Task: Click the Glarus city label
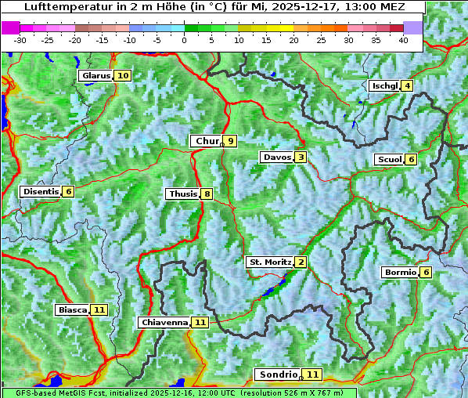coord(95,76)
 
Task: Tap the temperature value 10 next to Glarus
coord(122,76)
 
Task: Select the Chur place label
coord(206,141)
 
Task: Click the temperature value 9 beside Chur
coord(231,141)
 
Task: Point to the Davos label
coord(276,157)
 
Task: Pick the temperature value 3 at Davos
coord(301,157)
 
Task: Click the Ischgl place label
coord(384,86)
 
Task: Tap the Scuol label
coord(389,160)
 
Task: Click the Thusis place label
coord(182,194)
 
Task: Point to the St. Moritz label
coord(269,262)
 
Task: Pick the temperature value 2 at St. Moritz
coord(301,262)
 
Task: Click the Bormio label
coord(399,273)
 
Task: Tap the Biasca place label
coord(72,310)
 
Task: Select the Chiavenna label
coord(164,322)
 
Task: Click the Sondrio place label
coord(278,375)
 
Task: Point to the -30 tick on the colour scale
coord(20,40)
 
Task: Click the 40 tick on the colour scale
coord(403,40)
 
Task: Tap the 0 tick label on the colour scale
coord(184,40)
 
